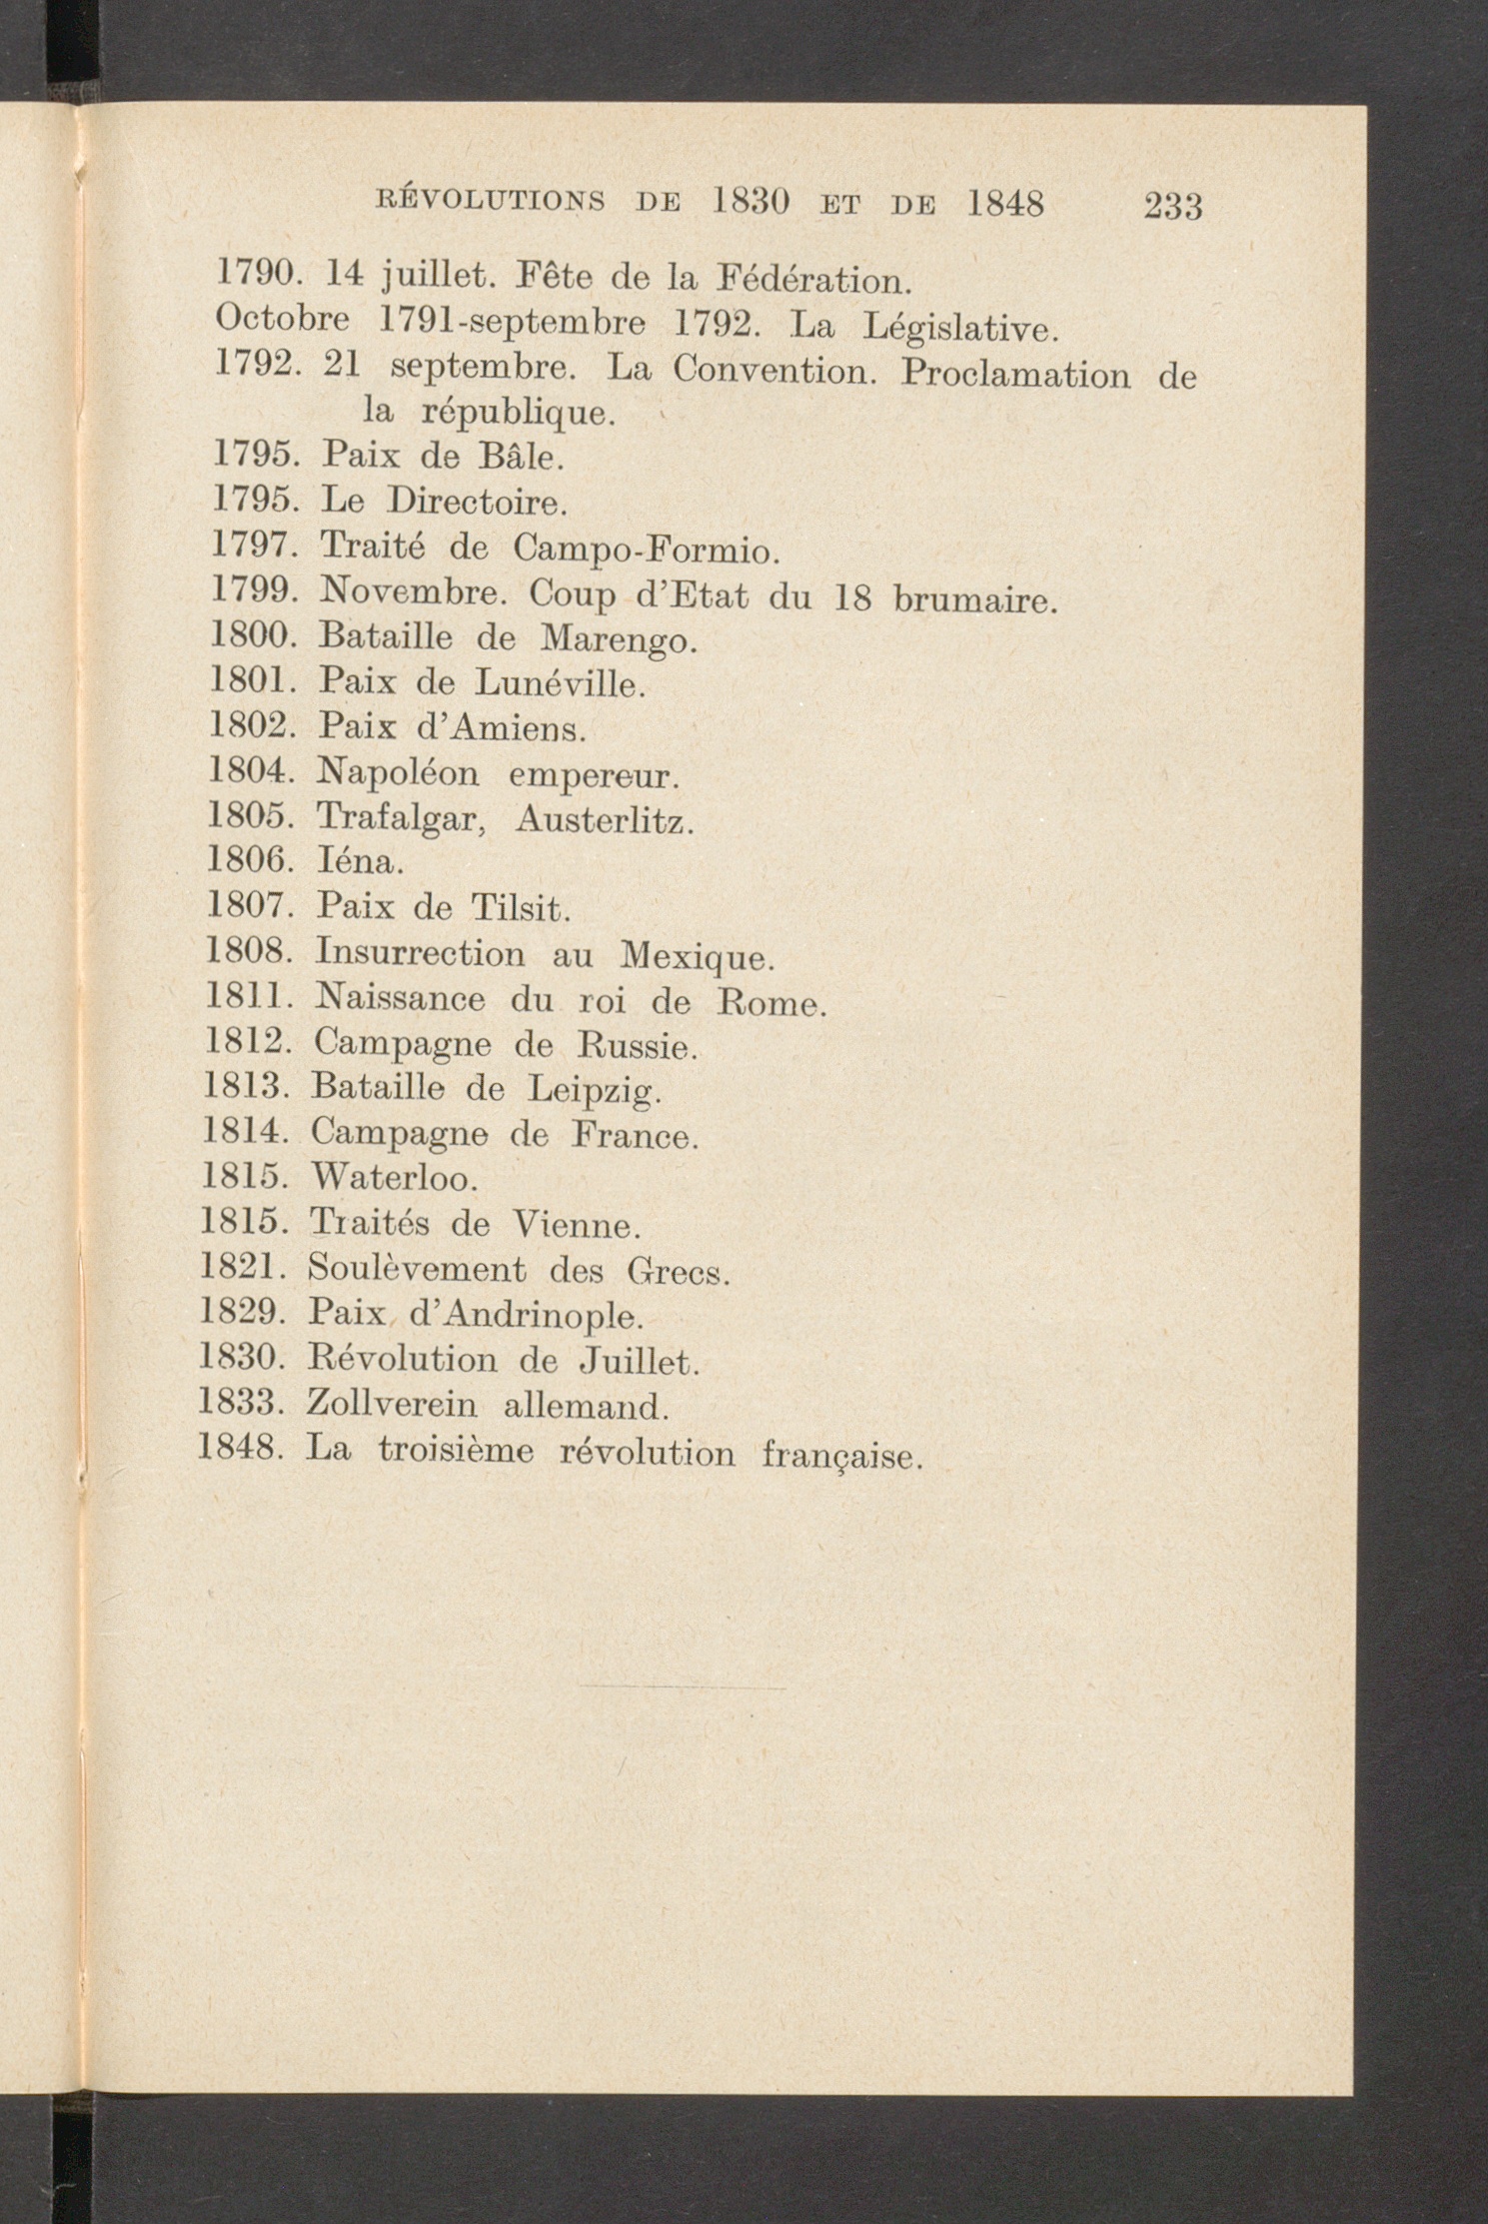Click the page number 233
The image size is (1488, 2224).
click(1172, 206)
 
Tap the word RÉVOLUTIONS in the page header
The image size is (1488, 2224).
click(491, 202)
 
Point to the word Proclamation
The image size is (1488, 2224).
click(1014, 374)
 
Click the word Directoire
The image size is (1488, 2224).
click(477, 501)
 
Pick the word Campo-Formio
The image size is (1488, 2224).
click(645, 549)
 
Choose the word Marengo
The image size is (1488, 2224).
click(617, 638)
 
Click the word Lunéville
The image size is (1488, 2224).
click(560, 683)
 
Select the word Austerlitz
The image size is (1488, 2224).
click(605, 820)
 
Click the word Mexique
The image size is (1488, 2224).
click(697, 957)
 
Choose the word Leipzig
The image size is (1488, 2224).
click(594, 1090)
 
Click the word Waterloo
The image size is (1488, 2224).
click(394, 1179)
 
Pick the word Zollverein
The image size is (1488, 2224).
click(392, 1406)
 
